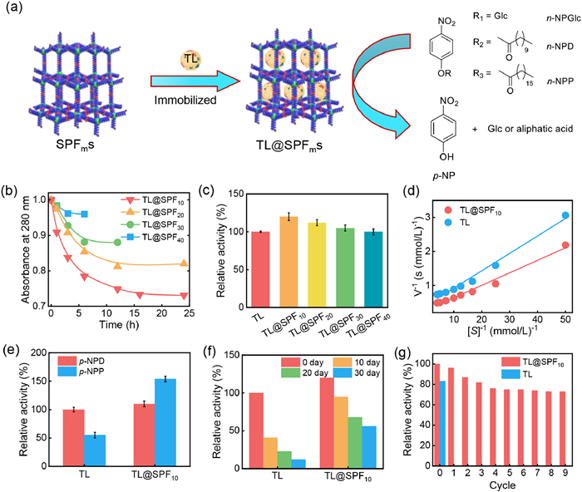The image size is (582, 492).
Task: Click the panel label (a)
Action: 14,11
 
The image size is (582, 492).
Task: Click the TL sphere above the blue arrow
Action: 190,60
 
